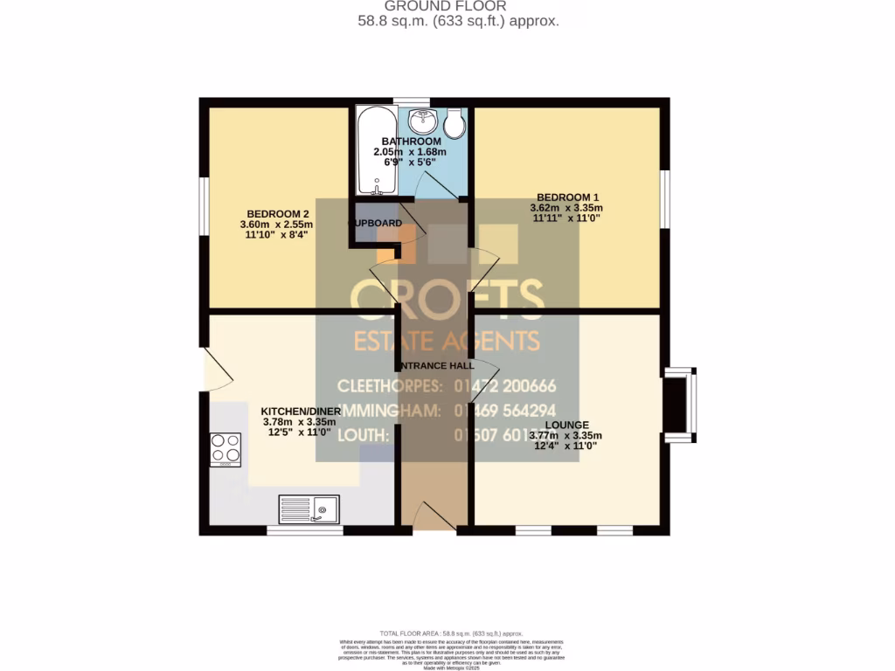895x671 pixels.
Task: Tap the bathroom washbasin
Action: point(421,119)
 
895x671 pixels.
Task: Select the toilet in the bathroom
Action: point(454,125)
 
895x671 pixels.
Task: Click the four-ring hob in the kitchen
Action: point(225,449)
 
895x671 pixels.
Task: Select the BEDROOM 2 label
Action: point(278,214)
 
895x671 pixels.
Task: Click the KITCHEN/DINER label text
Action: point(299,411)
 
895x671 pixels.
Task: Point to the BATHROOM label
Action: point(410,142)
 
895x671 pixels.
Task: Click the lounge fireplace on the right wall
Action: point(677,404)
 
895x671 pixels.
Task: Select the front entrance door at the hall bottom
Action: point(434,517)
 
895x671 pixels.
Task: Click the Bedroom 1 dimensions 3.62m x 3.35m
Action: point(565,208)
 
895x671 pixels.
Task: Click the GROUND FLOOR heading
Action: point(447,6)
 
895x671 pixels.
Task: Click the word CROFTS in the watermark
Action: point(447,299)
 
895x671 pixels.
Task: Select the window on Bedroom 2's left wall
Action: point(204,207)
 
